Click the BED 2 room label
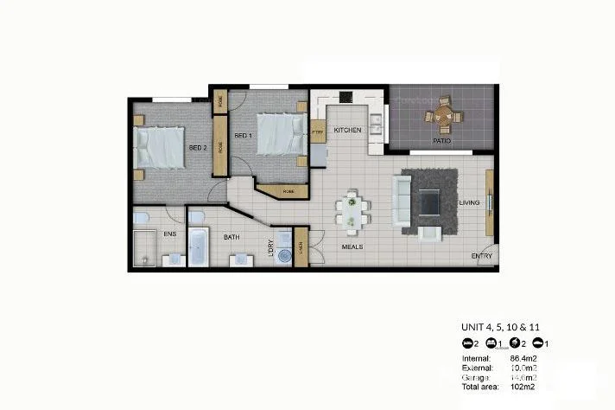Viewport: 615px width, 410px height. point(198,147)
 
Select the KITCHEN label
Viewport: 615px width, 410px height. point(347,130)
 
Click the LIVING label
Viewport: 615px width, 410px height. point(469,202)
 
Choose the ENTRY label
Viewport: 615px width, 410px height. point(481,255)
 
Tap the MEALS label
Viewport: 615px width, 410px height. point(352,247)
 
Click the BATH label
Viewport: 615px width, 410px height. point(231,236)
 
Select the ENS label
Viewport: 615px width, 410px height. point(158,234)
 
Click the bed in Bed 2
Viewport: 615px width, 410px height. point(162,147)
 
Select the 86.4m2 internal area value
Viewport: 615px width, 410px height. point(523,358)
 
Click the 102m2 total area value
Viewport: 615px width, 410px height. point(520,388)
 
